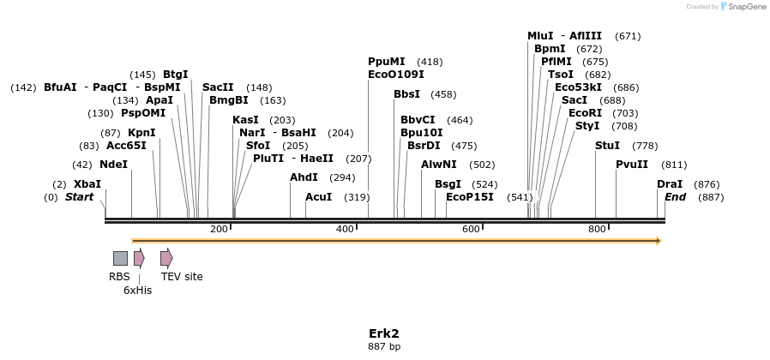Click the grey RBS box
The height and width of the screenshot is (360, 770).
pos(120,258)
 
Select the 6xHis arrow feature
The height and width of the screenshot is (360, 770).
pos(139,258)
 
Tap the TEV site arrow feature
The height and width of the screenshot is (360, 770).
pos(166,258)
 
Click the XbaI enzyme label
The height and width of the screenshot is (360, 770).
pos(87,184)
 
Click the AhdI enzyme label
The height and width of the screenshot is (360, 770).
pos(304,177)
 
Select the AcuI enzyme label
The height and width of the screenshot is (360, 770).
pos(318,197)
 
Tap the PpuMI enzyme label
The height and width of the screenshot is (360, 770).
pos(386,63)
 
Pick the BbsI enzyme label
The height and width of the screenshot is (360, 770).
pos(407,94)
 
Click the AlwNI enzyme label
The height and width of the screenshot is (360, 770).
pos(439,165)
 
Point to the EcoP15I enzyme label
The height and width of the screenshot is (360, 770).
pos(470,197)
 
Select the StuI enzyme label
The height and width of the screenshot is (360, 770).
pos(607,146)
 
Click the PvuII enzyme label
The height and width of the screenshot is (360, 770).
pos(632,165)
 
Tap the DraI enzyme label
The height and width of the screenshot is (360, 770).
pos(670,184)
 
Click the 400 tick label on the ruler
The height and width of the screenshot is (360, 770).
pos(345,229)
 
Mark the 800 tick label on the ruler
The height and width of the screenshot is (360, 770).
pos(597,229)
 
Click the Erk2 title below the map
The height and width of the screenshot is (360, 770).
pos(384,333)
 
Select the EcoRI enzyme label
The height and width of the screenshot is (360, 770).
pos(585,113)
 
